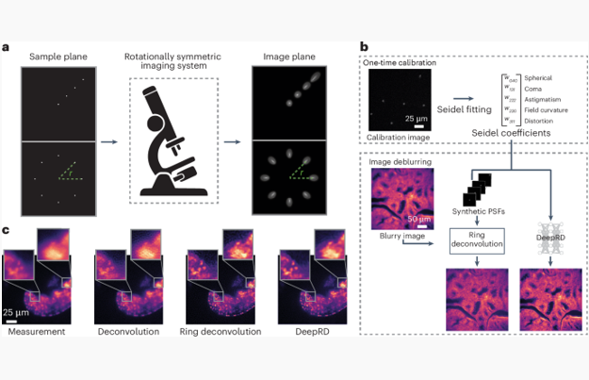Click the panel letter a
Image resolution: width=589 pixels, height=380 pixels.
8,46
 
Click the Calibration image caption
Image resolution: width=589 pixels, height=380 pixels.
399,140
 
